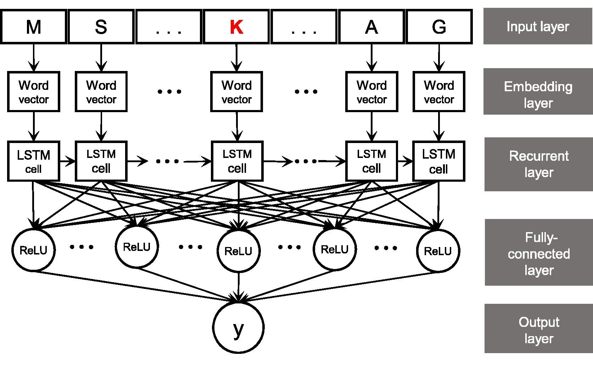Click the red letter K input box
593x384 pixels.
click(236, 27)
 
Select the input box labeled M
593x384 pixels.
click(34, 27)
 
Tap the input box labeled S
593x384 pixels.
click(101, 27)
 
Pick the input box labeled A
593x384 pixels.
click(371, 27)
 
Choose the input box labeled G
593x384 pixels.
click(439, 27)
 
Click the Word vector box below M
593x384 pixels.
click(34, 92)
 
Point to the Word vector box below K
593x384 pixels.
click(236, 92)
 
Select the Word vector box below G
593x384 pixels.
click(439, 92)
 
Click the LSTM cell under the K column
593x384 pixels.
click(237, 161)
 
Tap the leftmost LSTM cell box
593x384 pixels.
click(34, 161)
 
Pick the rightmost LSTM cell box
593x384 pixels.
click(438, 161)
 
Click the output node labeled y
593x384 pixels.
click(239, 327)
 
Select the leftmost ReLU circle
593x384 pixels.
click(33, 250)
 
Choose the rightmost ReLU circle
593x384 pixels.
click(438, 251)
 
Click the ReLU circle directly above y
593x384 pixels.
click(239, 251)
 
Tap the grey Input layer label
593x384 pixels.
click(538, 27)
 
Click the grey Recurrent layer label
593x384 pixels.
click(539, 164)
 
